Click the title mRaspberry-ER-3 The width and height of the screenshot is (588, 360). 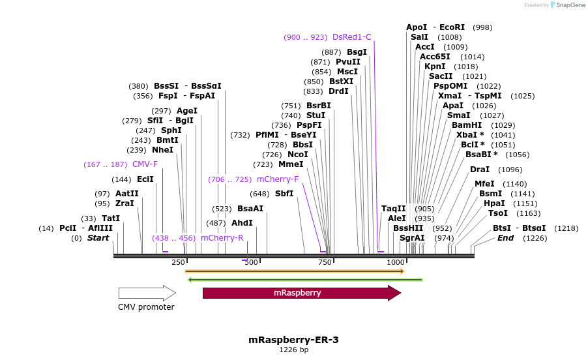tap(293, 340)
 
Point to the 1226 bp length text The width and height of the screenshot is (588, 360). tap(293, 350)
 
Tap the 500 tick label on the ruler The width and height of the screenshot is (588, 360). tap(251, 262)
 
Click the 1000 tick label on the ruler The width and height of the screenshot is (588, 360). tap(396, 262)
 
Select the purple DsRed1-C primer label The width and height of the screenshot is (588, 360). tap(351, 37)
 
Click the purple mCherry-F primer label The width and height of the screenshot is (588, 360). tap(278, 179)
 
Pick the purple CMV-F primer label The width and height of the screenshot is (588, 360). tap(145, 164)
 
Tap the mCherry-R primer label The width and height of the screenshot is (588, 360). tap(222, 238)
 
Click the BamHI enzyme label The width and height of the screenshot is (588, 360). tap(466, 125)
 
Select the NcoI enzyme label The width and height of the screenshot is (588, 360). tap(298, 155)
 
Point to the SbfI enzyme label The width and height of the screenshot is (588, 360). tap(284, 194)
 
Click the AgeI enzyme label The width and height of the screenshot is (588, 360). tap(187, 111)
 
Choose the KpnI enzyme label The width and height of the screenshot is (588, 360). tap(435, 67)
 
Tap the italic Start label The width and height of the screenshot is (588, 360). tap(98, 238)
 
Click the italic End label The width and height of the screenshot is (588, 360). tap(505, 238)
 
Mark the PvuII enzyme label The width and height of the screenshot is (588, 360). tap(348, 62)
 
